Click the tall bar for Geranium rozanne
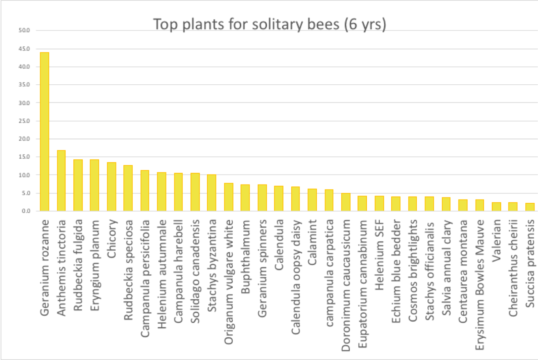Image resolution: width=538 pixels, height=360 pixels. (x=45, y=132)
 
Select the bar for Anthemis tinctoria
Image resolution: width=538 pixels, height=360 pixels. (x=61, y=181)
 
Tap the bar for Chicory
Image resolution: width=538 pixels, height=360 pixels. (x=112, y=187)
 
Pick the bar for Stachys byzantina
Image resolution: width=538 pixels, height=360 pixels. (x=212, y=193)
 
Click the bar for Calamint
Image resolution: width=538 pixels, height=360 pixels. (x=312, y=200)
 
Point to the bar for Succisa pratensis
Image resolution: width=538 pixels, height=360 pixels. (x=530, y=207)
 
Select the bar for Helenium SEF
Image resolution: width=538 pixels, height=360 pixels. (x=379, y=203)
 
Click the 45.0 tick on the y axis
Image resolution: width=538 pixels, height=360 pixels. (x=24, y=49)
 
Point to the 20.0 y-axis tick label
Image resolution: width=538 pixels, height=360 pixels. (x=24, y=139)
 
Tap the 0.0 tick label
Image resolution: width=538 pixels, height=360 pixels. (x=26, y=211)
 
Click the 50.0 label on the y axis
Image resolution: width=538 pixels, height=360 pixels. (x=24, y=30)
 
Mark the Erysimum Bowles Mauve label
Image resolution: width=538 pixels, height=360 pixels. (x=480, y=285)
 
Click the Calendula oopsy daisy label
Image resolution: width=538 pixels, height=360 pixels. (x=295, y=277)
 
